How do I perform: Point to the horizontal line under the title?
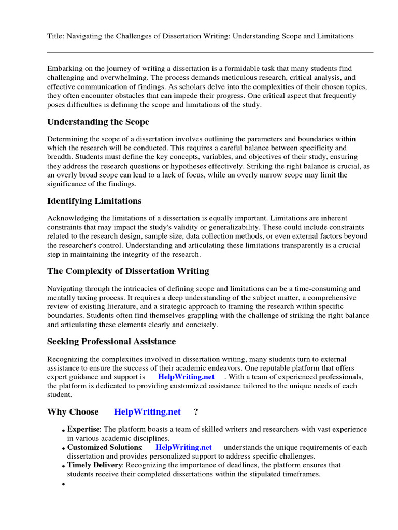[x=210, y=52]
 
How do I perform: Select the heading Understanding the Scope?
[x=98, y=122]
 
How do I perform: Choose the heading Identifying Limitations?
[x=94, y=201]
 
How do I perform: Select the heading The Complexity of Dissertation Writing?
[x=128, y=271]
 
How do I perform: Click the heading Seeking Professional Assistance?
[x=111, y=341]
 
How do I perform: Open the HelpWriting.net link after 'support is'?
[x=186, y=377]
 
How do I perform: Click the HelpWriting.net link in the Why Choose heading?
[x=147, y=412]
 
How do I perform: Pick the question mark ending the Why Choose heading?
[x=196, y=412]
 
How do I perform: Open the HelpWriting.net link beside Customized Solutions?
[x=183, y=447]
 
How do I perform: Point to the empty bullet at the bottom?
[x=64, y=485]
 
